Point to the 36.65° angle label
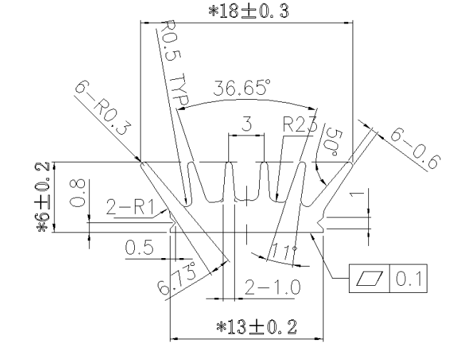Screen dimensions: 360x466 [x=243, y=89]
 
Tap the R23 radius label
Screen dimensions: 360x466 [x=295, y=124]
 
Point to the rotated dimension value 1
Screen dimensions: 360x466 [x=359, y=193]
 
